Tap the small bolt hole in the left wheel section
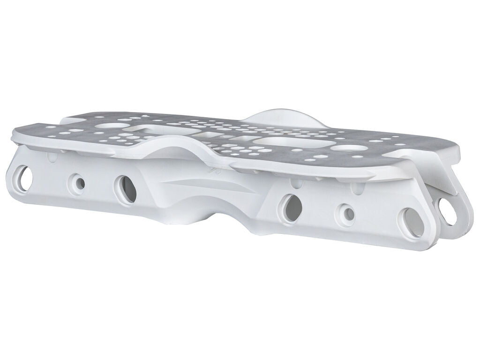78,183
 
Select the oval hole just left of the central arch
126,189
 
